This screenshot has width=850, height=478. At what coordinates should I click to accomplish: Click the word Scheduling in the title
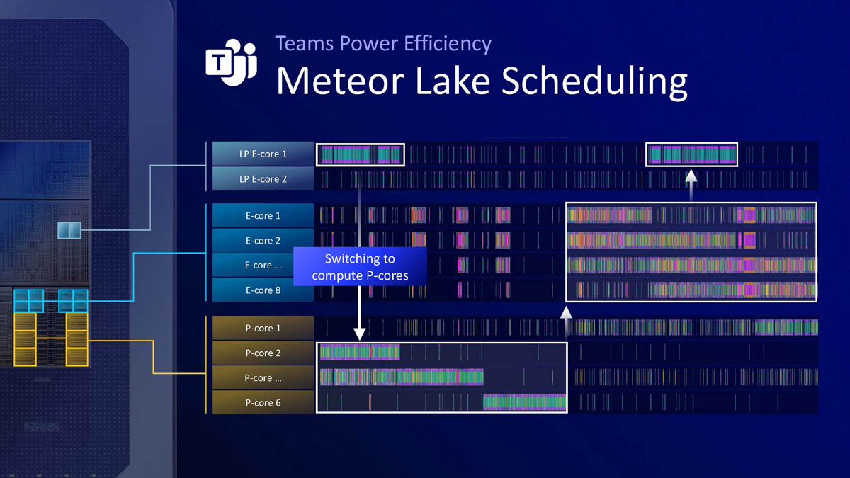pyautogui.click(x=594, y=81)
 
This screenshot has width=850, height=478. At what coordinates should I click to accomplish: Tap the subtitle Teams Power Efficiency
pyautogui.click(x=383, y=43)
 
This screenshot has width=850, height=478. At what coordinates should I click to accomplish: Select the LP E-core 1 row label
pyautogui.click(x=263, y=154)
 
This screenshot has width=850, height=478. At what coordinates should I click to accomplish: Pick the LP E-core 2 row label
pyautogui.click(x=263, y=179)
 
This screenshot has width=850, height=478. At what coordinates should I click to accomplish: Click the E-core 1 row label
pyautogui.click(x=263, y=216)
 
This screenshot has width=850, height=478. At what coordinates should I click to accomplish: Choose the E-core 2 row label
pyautogui.click(x=263, y=241)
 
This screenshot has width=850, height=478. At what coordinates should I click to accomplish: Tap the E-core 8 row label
pyautogui.click(x=263, y=290)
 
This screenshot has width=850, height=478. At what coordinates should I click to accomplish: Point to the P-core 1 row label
pyautogui.click(x=263, y=329)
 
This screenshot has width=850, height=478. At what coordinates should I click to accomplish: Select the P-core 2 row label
pyautogui.click(x=263, y=353)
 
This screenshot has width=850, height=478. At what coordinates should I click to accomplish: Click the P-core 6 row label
pyautogui.click(x=263, y=403)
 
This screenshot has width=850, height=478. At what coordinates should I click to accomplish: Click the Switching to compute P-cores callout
pyautogui.click(x=360, y=267)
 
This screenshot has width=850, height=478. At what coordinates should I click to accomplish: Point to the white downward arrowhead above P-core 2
pyautogui.click(x=359, y=333)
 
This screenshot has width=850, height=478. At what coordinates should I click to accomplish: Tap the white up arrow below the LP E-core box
pyautogui.click(x=691, y=178)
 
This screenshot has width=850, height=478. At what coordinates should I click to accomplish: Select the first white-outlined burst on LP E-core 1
pyautogui.click(x=361, y=154)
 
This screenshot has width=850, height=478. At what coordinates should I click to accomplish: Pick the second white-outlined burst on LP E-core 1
pyautogui.click(x=692, y=154)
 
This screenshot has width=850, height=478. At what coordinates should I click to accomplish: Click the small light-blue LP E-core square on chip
pyautogui.click(x=69, y=229)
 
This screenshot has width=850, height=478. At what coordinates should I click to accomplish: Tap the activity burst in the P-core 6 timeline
pyautogui.click(x=524, y=403)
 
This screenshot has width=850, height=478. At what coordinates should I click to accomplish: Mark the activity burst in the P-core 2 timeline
pyautogui.click(x=360, y=353)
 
